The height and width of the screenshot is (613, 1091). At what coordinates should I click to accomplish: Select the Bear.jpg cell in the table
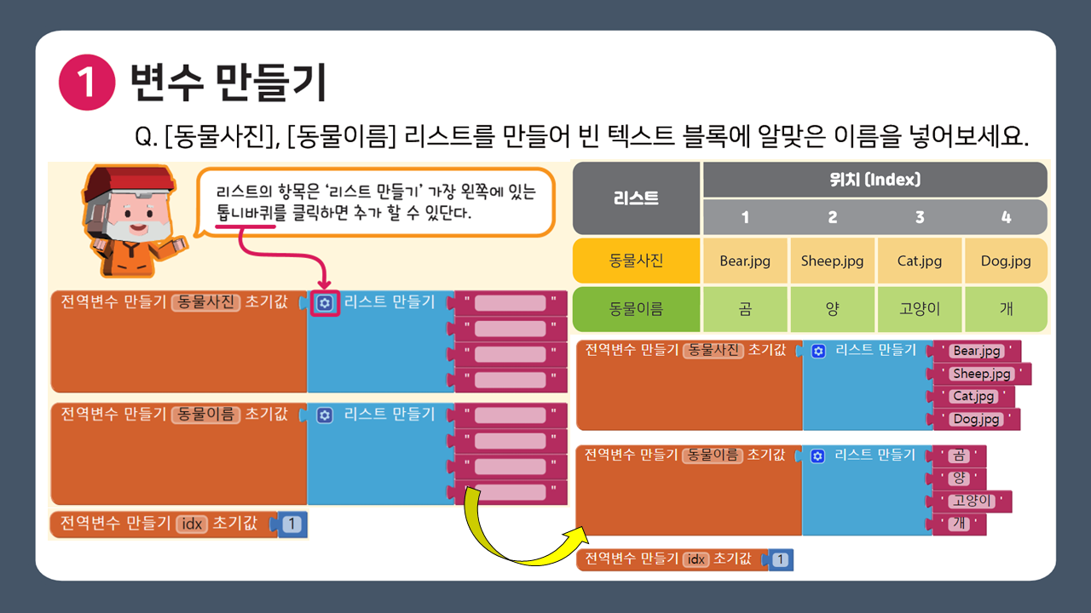[744, 261]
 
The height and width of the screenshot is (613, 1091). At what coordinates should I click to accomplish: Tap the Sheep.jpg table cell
[832, 261]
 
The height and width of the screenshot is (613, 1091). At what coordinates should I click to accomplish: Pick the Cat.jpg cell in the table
[919, 261]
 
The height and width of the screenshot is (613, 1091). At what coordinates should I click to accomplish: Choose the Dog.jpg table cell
[1006, 261]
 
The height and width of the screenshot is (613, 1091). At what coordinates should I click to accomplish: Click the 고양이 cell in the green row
[919, 309]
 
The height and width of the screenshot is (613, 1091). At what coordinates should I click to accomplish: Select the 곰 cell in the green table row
[744, 309]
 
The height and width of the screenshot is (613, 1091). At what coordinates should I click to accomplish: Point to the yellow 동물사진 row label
[635, 261]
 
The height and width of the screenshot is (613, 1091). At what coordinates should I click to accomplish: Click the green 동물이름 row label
[635, 309]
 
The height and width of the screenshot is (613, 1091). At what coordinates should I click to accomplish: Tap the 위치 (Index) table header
[875, 180]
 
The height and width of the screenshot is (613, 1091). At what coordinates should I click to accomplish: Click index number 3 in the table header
[919, 217]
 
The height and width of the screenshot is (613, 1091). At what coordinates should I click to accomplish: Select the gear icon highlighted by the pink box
[325, 303]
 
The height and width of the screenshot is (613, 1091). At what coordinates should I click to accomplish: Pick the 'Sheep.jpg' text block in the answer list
[982, 374]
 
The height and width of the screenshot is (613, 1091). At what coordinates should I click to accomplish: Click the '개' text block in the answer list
[960, 524]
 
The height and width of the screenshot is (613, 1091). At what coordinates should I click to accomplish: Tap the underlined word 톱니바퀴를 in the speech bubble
[245, 214]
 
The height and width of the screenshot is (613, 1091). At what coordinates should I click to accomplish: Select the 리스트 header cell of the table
[635, 198]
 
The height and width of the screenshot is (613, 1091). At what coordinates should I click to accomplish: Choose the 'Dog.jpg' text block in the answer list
[977, 419]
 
